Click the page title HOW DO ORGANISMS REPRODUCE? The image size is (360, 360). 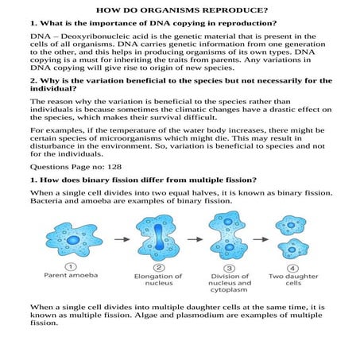pyautogui.click(x=180, y=10)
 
